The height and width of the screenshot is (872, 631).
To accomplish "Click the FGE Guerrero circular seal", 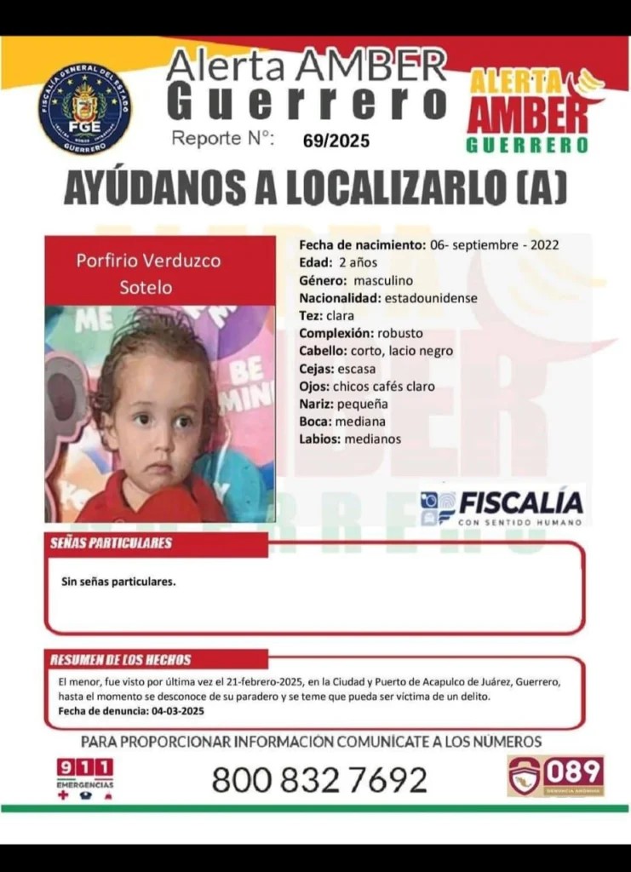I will (x=84, y=108).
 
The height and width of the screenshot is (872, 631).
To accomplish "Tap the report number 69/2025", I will (x=336, y=141).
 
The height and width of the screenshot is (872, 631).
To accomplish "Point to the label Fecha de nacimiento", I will (x=361, y=244).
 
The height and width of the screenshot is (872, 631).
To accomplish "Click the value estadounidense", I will (x=430, y=298).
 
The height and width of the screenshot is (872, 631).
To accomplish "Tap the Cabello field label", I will (x=322, y=351).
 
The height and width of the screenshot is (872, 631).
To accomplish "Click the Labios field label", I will (x=319, y=439).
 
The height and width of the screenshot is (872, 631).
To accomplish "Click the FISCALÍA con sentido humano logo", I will (x=502, y=507).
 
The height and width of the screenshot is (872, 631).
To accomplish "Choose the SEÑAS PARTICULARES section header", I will (x=111, y=543).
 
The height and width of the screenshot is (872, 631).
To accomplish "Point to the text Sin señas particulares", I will (x=118, y=582).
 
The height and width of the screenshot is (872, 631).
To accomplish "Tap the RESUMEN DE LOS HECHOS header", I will (x=121, y=660).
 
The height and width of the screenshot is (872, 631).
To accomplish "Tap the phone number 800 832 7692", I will (x=319, y=779).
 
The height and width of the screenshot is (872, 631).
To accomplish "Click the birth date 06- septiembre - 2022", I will (x=495, y=244).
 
